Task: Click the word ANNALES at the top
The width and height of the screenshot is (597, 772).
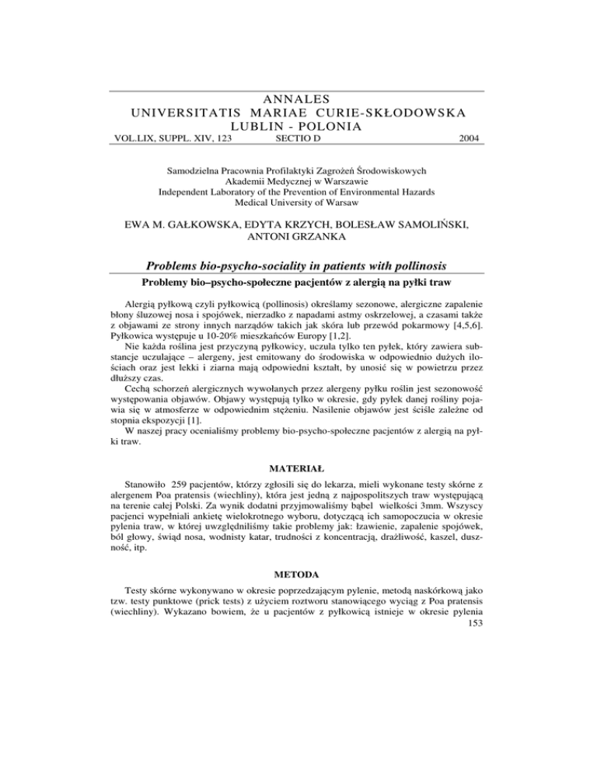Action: (x=298, y=99)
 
